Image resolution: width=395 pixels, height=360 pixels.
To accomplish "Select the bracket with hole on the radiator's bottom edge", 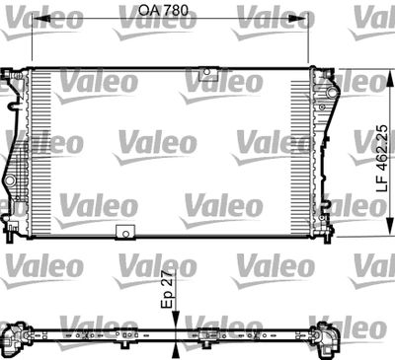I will point(125,233).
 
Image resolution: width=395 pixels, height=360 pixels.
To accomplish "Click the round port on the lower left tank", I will point(11,184).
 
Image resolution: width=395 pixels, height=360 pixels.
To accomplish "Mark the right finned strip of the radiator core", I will point(301,153).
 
